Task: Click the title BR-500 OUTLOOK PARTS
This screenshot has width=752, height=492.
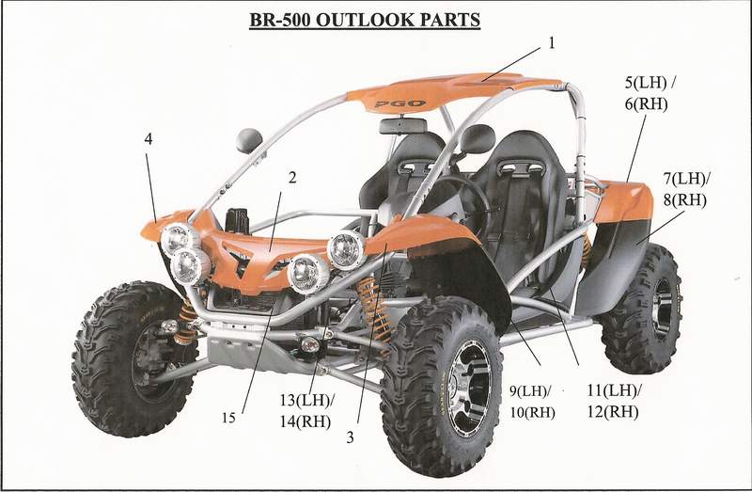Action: tap(365, 20)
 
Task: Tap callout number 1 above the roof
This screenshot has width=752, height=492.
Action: tap(552, 43)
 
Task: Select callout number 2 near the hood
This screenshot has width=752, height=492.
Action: tap(292, 178)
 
